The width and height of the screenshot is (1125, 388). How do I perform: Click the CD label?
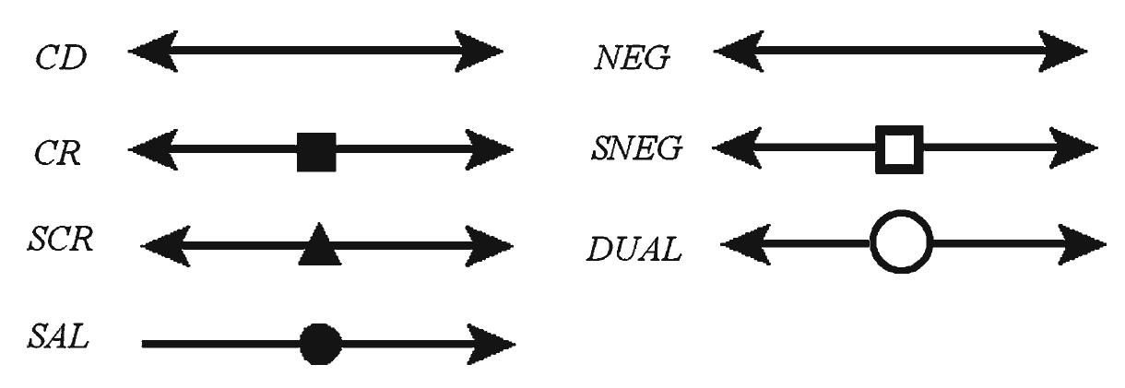tap(62, 58)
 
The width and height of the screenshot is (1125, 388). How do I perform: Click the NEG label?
tap(633, 60)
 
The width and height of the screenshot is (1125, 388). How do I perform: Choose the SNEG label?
tap(635, 150)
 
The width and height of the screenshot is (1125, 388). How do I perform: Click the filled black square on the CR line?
tap(316, 152)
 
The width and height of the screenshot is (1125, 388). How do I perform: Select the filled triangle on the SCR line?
tap(319, 245)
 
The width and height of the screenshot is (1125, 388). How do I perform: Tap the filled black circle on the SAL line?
tap(320, 345)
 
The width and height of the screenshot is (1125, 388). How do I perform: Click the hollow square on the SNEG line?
tap(899, 151)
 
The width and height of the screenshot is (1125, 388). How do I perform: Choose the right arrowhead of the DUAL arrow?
tap(1085, 245)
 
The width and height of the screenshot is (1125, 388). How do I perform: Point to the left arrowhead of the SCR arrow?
tap(164, 246)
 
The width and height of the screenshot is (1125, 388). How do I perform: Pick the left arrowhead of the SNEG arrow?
tap(735, 151)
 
